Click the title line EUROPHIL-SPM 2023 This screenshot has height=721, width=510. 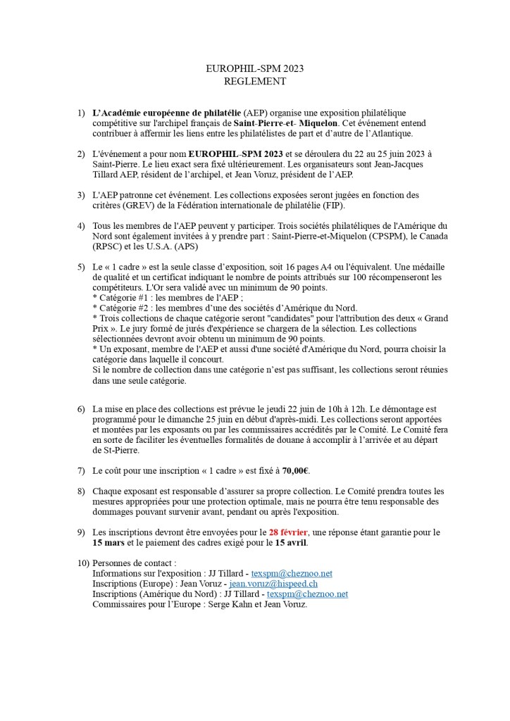tap(254, 69)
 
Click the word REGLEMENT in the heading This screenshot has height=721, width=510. tap(254, 81)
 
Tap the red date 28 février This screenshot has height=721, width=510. tap(288, 532)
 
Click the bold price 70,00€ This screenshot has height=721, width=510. tap(297, 470)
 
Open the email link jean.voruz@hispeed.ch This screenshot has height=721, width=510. tap(273, 584)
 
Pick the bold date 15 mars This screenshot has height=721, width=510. tap(108, 543)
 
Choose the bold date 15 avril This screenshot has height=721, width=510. tap(291, 543)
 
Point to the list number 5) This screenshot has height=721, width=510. tap(81, 268)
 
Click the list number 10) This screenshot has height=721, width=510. tap(82, 563)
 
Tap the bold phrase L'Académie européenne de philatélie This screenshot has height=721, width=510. tap(166, 113)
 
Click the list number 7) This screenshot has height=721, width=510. tap(81, 470)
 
